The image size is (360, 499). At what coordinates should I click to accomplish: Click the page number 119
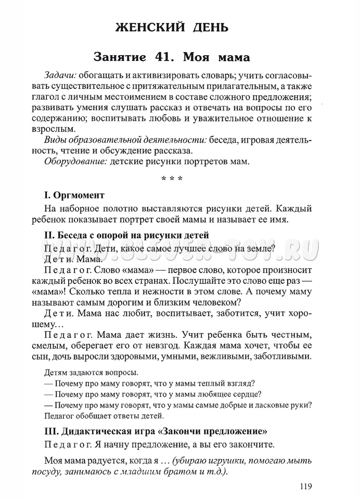(x=305, y=487)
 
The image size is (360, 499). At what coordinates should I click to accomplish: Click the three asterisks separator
(x=172, y=180)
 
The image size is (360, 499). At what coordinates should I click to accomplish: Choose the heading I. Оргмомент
(x=74, y=195)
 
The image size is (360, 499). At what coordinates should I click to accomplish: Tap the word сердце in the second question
(x=247, y=393)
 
